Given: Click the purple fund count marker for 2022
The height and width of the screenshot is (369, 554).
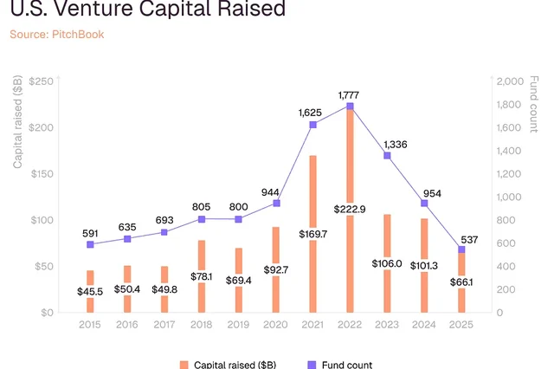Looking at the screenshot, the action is tap(350, 107).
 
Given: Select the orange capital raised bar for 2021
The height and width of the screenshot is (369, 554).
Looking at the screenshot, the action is tap(312, 234).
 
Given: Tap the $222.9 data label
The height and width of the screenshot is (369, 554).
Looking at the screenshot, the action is tap(350, 210).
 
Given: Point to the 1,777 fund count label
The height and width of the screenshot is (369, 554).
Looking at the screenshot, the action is tap(348, 95).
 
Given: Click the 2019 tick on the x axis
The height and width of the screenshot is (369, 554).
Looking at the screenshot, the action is tap(238, 325).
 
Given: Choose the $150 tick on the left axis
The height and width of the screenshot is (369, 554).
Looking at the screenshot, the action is tap(42, 174).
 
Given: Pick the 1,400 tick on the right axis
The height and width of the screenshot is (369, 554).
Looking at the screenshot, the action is tap(509, 151).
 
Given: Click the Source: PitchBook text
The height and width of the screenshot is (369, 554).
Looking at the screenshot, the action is tap(57, 35).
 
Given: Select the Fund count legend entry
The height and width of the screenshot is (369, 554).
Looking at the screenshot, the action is tap(340, 365).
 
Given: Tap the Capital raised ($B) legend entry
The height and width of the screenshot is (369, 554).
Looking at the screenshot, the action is tap(228, 365).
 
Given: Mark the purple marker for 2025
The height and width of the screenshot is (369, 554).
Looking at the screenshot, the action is tap(461, 249).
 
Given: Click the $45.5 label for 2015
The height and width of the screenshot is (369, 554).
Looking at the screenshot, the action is tap(90, 292).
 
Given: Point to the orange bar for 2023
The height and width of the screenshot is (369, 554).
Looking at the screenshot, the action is tap(387, 263).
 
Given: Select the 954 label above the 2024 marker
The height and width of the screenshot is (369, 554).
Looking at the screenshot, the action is tap(432, 194).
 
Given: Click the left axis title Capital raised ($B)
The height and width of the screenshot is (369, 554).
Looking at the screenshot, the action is tap(17, 122).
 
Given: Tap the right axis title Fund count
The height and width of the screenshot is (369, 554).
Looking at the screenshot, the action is tap(534, 104).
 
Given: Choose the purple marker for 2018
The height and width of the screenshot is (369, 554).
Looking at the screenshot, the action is tap(202, 219).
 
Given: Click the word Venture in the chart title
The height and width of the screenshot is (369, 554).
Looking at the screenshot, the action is tap(96, 8).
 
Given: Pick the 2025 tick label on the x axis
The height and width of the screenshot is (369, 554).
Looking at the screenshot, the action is tap(461, 325).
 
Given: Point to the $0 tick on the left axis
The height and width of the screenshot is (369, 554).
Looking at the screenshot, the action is tap(47, 313).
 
